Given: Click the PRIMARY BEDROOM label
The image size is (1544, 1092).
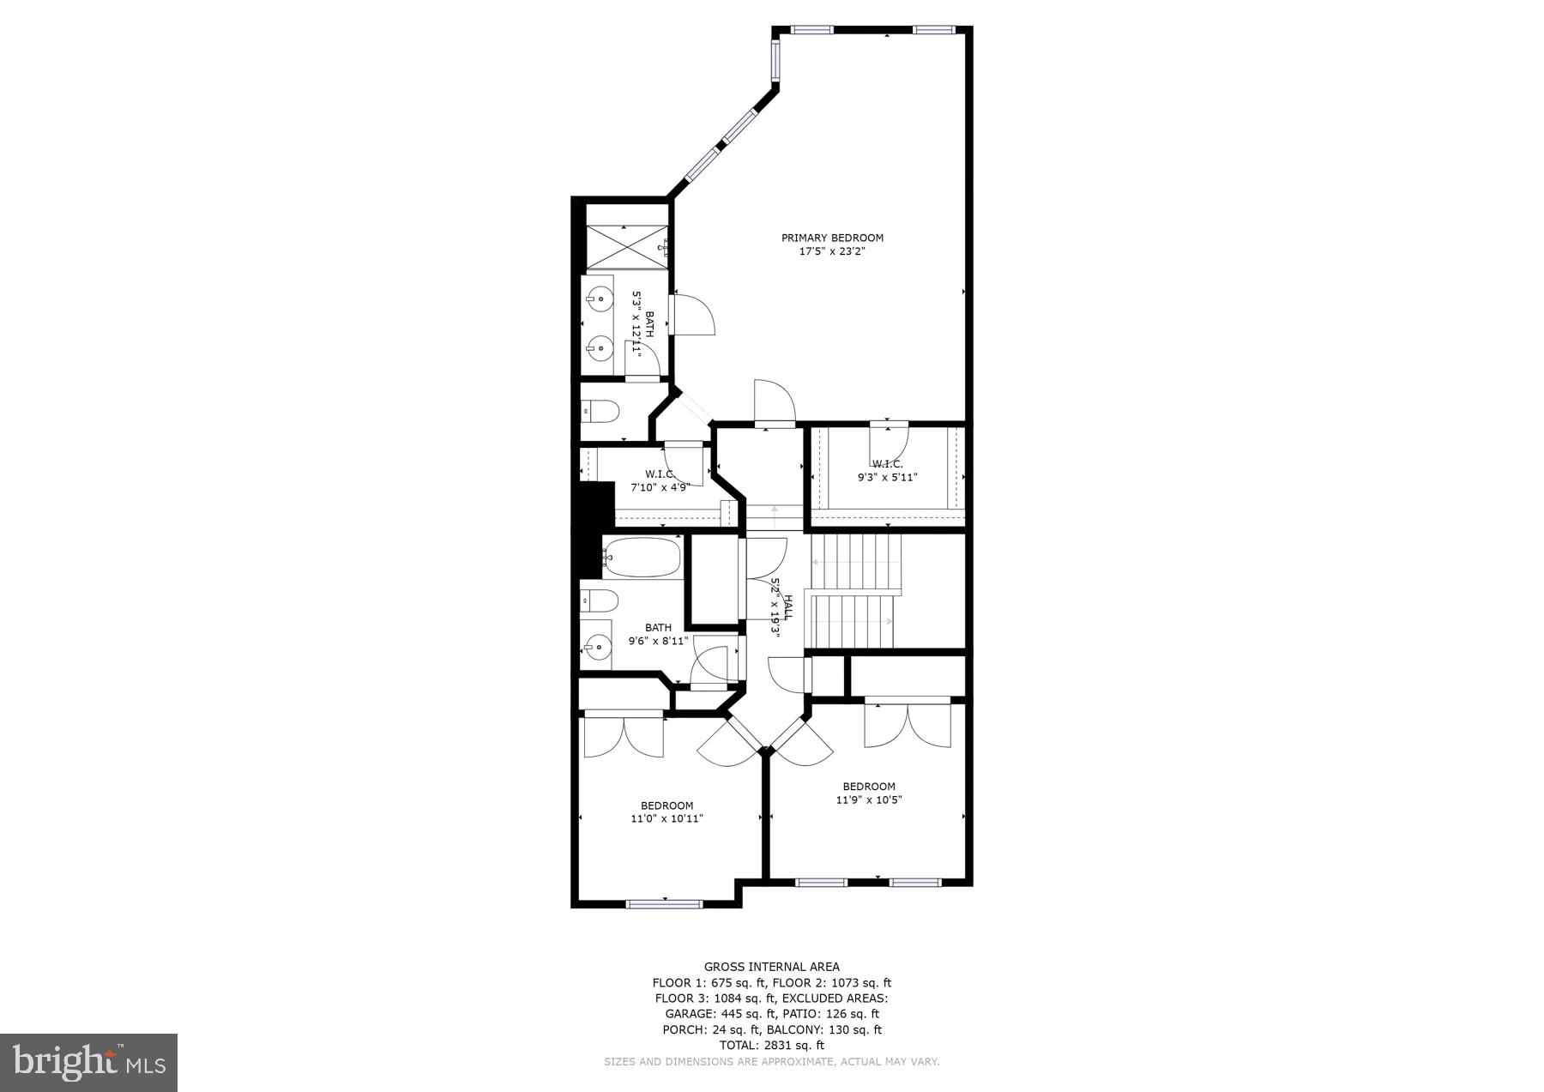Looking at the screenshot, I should (x=831, y=238).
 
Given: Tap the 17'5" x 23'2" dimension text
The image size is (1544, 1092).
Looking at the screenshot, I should (x=831, y=251).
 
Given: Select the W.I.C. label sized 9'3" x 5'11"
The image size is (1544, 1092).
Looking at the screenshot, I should (x=887, y=464).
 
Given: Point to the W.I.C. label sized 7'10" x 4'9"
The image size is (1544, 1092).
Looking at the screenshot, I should (x=660, y=474).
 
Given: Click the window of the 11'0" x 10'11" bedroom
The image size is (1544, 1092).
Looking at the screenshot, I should (x=665, y=903).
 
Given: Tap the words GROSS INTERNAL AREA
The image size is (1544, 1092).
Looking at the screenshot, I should (x=771, y=967).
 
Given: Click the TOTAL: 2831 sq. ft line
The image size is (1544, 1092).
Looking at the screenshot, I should (x=771, y=1045).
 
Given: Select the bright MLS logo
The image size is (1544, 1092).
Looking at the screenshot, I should (x=89, y=1063).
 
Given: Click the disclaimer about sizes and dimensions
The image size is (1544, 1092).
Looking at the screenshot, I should (x=771, y=1062).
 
